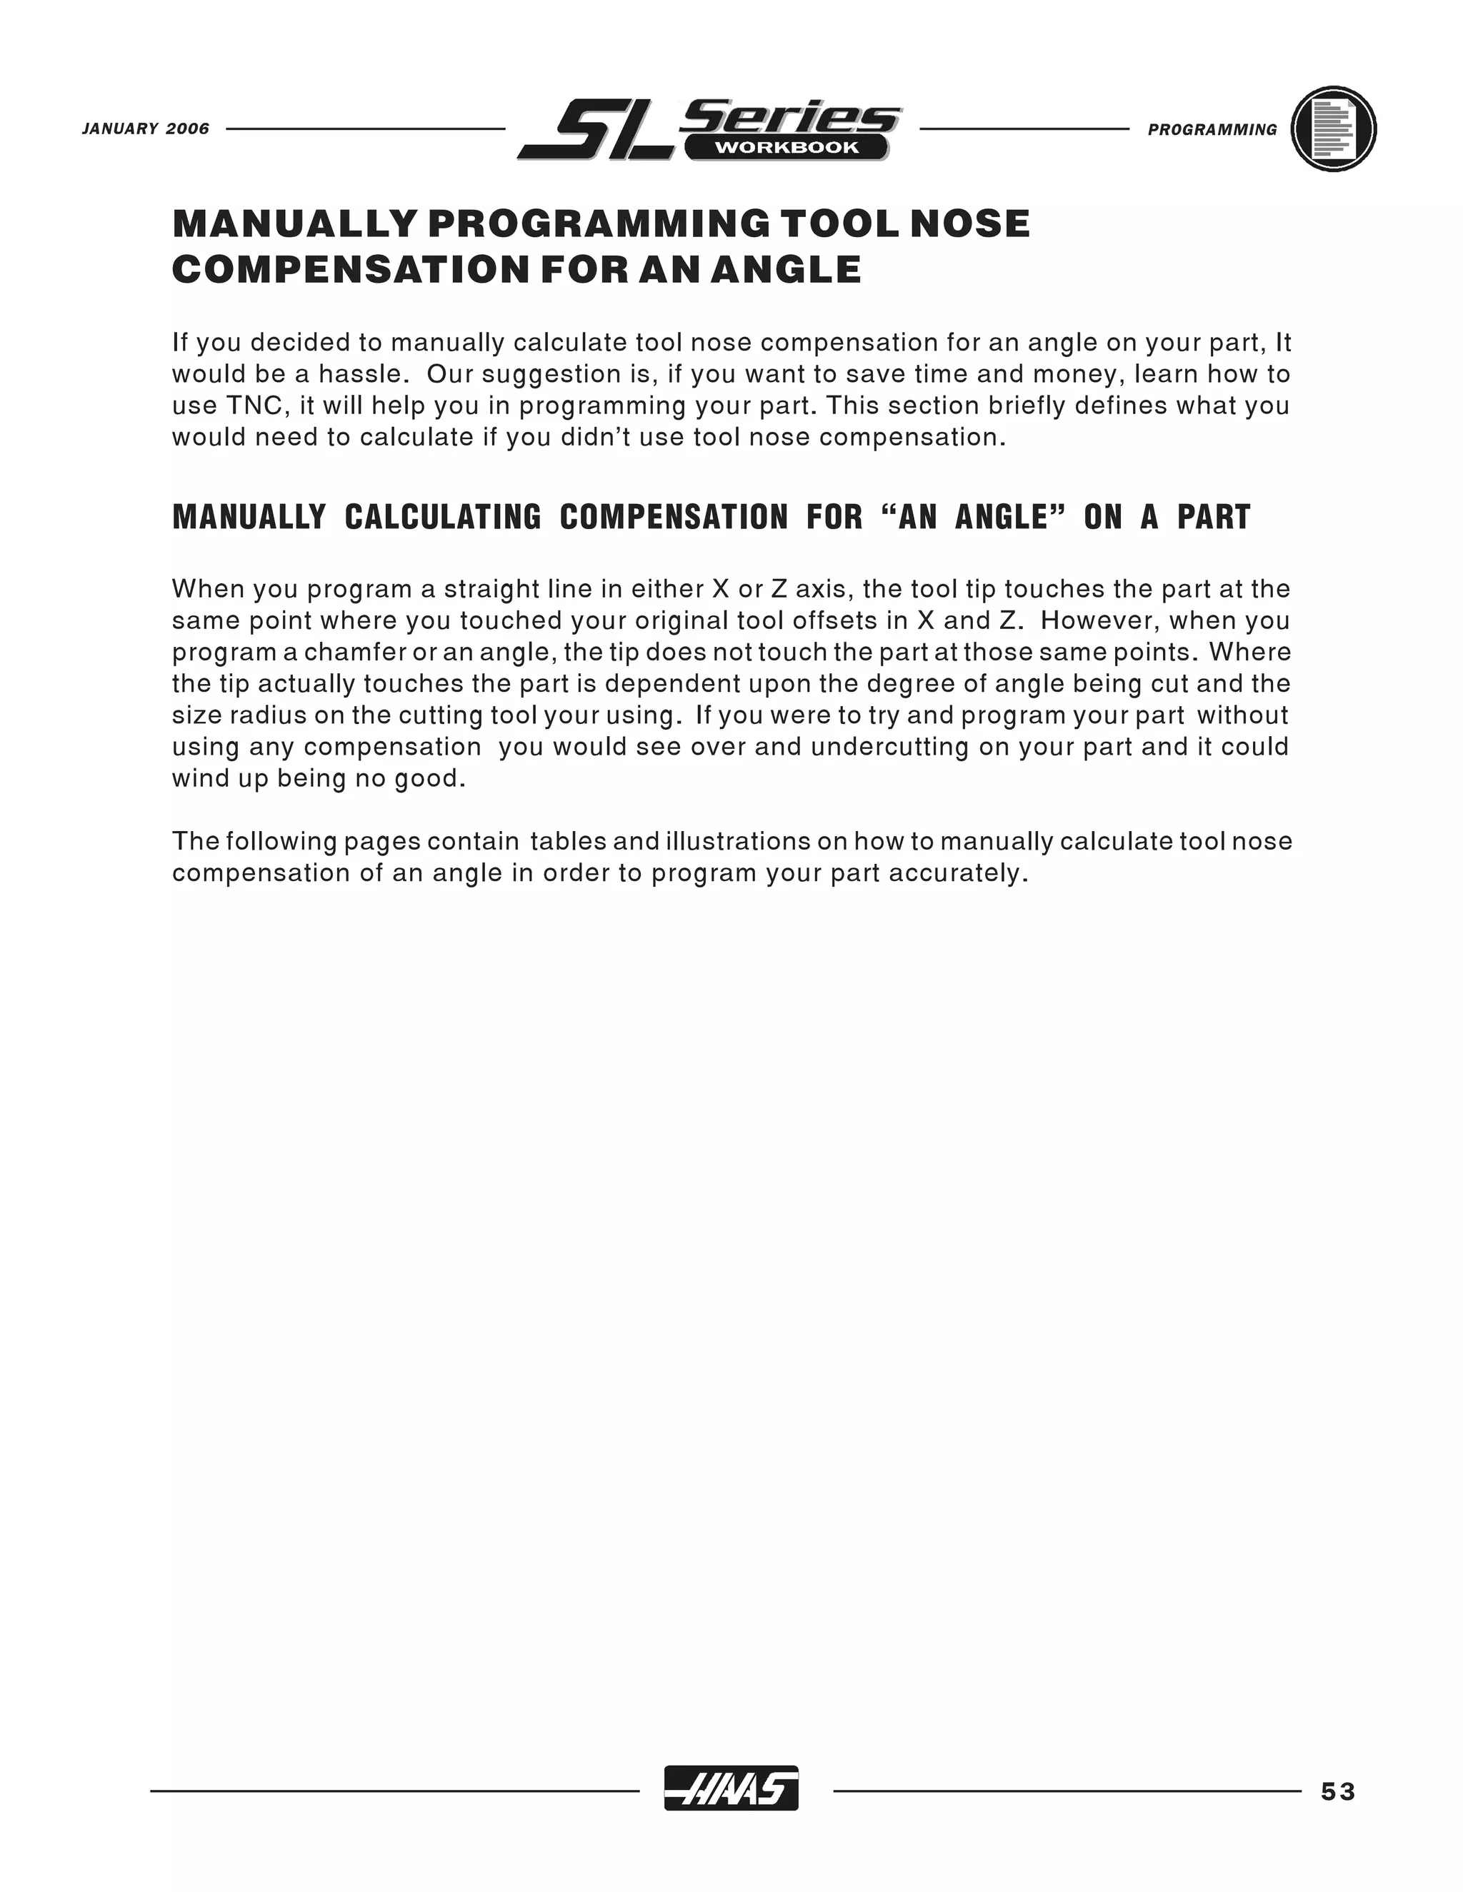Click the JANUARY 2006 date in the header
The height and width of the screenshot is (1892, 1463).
pyautogui.click(x=146, y=129)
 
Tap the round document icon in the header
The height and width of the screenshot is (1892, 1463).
pyautogui.click(x=1333, y=129)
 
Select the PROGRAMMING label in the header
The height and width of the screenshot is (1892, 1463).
pyautogui.click(x=1212, y=130)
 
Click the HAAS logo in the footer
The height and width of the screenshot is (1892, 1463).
pyautogui.click(x=731, y=1787)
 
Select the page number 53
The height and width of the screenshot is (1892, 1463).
pyautogui.click(x=1337, y=1791)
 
